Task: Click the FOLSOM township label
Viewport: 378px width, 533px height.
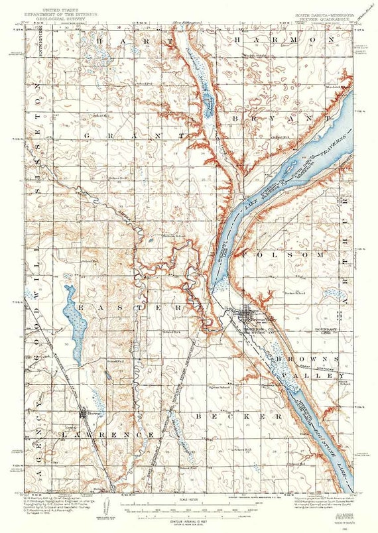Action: tap(275, 254)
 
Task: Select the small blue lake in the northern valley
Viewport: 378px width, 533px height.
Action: tap(208, 103)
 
